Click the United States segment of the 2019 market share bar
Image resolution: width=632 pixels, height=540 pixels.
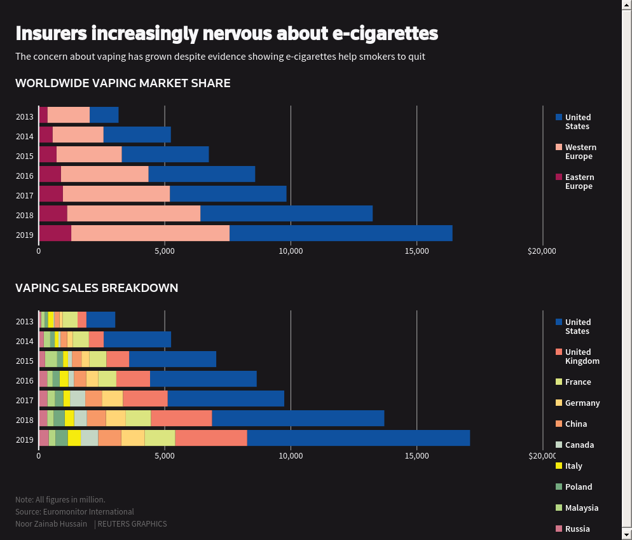pyautogui.click(x=341, y=233)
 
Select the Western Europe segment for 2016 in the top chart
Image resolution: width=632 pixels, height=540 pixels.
pyautogui.click(x=104, y=174)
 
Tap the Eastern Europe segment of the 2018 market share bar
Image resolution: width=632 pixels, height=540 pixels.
pyautogui.click(x=53, y=214)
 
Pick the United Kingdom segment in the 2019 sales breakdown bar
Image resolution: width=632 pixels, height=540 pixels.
pyautogui.click(x=210, y=438)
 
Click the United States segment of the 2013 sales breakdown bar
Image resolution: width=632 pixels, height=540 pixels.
pyautogui.click(x=100, y=320)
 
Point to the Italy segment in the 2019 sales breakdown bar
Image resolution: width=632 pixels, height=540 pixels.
pyautogui.click(x=74, y=438)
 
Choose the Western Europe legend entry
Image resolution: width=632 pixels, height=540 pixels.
pyautogui.click(x=580, y=152)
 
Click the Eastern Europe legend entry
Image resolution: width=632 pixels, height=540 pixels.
pyautogui.click(x=579, y=182)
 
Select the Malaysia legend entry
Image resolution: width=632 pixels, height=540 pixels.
pyautogui.click(x=581, y=508)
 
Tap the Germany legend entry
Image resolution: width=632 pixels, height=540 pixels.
pyautogui.click(x=582, y=403)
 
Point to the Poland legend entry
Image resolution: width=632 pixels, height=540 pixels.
pyautogui.click(x=578, y=487)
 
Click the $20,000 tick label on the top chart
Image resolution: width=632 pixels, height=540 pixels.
pyautogui.click(x=541, y=251)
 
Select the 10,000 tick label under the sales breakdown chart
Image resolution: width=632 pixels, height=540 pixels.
pyautogui.click(x=291, y=456)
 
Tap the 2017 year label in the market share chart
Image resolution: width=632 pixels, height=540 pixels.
pyautogui.click(x=25, y=196)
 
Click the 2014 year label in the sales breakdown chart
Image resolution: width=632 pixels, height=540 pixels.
pyautogui.click(x=25, y=342)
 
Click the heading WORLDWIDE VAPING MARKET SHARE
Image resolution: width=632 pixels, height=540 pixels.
pyautogui.click(x=123, y=83)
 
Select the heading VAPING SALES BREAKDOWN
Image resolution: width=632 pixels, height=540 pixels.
pyautogui.click(x=97, y=288)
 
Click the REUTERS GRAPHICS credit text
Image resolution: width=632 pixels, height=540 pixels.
pyautogui.click(x=132, y=524)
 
